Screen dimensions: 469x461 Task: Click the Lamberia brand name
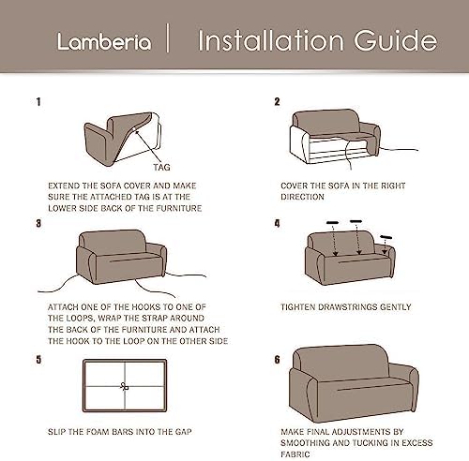(x=104, y=42)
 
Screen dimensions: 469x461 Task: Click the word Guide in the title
(x=396, y=40)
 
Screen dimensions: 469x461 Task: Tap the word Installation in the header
(x=271, y=40)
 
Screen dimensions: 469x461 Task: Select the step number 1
(x=38, y=102)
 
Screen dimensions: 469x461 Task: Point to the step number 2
(x=277, y=102)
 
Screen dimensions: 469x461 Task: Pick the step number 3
(x=38, y=224)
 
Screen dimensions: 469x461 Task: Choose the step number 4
(x=277, y=224)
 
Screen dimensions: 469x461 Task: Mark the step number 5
(x=38, y=360)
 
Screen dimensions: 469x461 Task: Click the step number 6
(x=277, y=360)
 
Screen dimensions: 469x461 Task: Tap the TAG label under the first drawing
(x=161, y=168)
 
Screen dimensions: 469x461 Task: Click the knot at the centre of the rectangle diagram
(x=125, y=386)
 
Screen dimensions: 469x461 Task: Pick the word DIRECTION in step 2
(x=302, y=197)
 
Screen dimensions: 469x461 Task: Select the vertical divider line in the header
(x=168, y=37)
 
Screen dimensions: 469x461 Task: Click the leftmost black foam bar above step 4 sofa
(x=332, y=223)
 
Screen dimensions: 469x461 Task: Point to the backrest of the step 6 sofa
(x=341, y=359)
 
